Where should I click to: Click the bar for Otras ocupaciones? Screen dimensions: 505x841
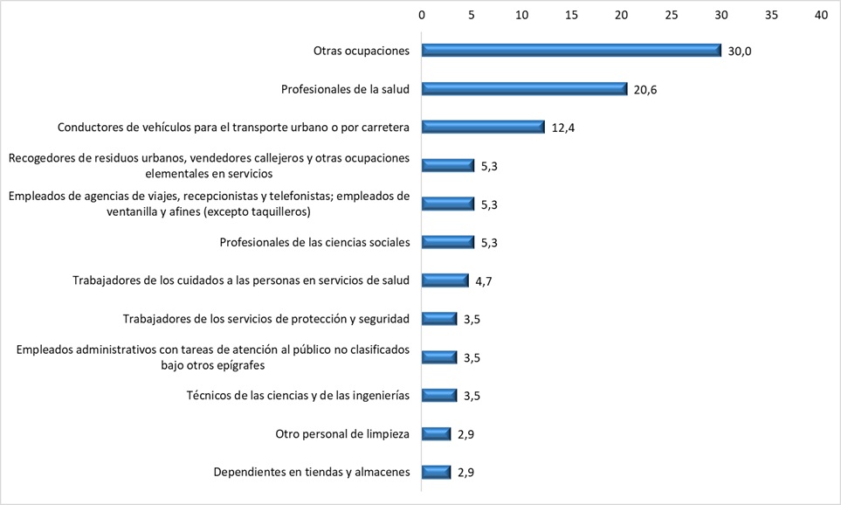point(571,51)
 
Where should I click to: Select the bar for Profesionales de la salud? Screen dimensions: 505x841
point(525,89)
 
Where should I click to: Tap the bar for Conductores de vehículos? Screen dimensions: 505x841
point(483,127)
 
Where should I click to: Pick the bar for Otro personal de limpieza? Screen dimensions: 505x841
point(437,434)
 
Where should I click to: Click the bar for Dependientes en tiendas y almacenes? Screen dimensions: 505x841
point(437,473)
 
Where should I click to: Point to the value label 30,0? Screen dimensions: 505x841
point(740,52)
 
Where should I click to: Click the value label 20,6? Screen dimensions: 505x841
point(645,90)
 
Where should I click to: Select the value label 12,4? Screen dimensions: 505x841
point(563,128)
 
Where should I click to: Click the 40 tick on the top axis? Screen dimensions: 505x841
point(821,15)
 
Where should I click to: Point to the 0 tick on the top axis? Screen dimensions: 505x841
point(422,15)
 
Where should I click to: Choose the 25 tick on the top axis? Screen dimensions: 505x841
point(672,15)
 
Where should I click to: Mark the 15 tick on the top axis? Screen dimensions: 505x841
point(571,15)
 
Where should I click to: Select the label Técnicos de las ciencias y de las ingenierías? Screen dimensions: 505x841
point(298,395)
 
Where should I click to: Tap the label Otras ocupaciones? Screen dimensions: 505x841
point(361,51)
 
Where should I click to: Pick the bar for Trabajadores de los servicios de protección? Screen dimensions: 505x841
point(439,319)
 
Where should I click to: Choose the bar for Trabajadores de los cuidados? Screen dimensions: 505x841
point(445,280)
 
